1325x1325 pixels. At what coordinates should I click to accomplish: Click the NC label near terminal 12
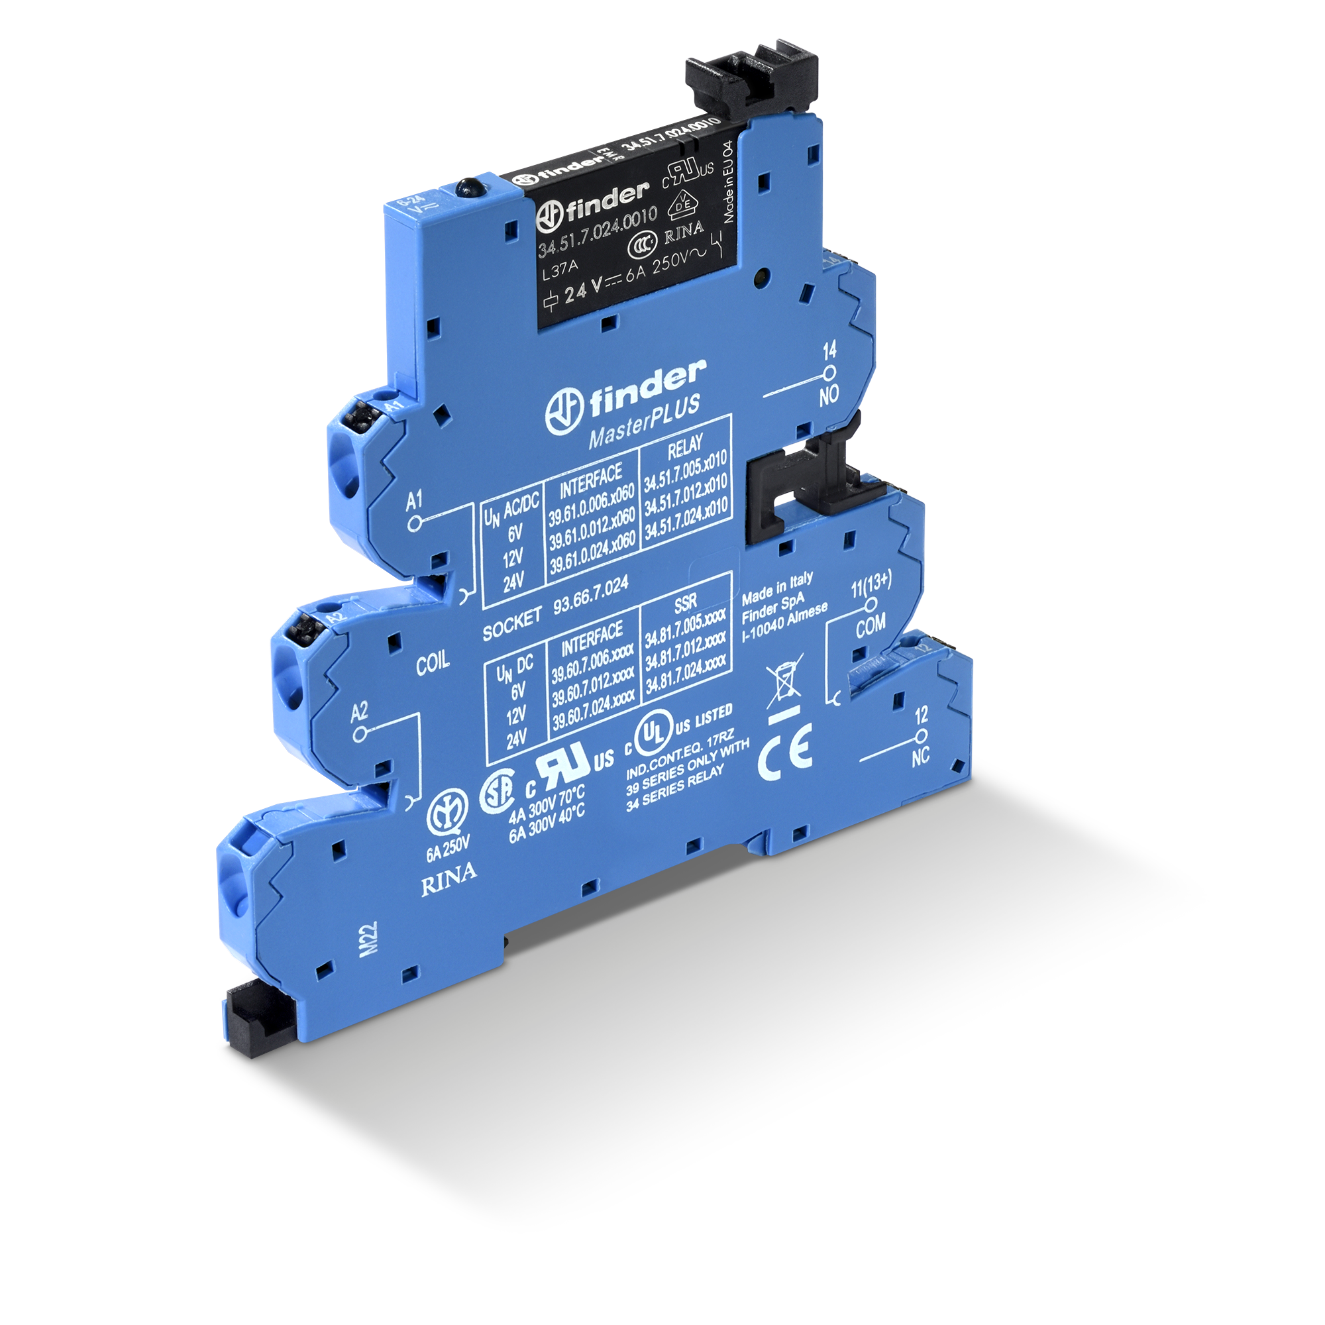[x=920, y=756]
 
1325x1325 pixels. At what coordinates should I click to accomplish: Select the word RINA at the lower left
[x=449, y=874]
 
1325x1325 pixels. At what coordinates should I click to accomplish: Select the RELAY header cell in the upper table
[x=684, y=448]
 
